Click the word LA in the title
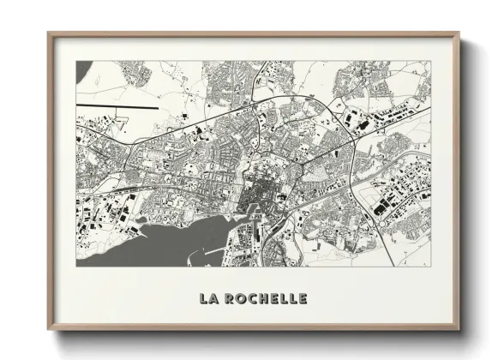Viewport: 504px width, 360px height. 207,299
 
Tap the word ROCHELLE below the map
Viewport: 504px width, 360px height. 263,299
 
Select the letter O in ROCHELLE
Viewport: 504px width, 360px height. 238,299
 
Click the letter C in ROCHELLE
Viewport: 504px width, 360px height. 249,299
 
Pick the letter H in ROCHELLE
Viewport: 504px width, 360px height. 261,299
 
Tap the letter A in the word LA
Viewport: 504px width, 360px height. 213,299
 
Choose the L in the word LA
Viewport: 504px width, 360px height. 202,299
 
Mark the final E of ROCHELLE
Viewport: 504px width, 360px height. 300,299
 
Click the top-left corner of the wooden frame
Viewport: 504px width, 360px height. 49,34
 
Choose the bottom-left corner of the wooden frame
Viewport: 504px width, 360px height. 49,330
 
